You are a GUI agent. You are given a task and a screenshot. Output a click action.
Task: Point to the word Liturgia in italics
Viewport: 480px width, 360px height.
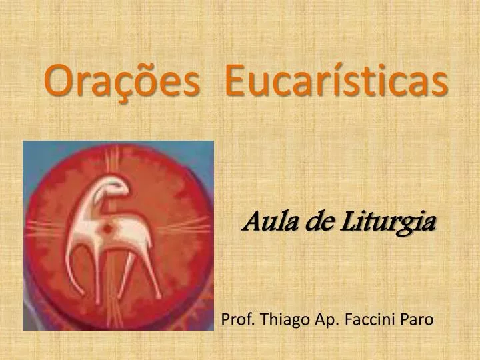[388, 223]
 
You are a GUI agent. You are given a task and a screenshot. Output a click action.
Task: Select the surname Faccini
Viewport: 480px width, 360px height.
[370, 319]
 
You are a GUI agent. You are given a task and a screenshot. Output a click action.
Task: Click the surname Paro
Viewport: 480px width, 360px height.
[417, 319]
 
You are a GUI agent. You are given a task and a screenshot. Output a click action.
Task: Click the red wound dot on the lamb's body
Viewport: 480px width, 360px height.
[107, 229]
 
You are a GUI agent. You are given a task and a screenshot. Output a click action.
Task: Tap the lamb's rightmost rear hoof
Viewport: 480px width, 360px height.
[159, 296]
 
